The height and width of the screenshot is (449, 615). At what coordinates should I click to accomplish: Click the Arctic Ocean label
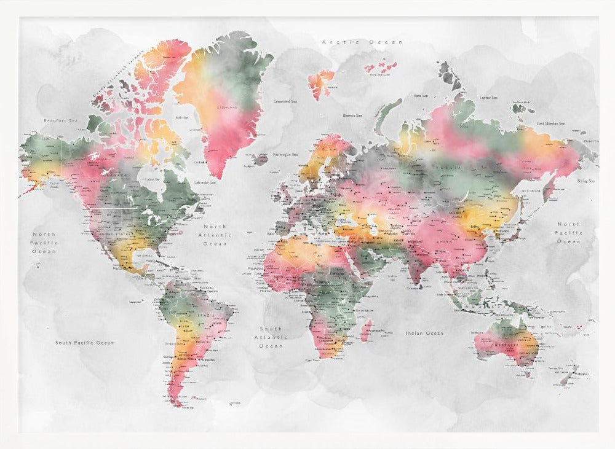[x=362, y=42]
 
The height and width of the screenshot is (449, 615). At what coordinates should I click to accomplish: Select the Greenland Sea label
[x=285, y=101]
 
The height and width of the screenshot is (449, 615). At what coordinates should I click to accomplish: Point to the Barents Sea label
[x=352, y=115]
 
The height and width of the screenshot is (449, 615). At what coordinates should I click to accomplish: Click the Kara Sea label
[x=421, y=96]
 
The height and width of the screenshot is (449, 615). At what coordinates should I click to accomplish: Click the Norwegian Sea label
[x=285, y=154]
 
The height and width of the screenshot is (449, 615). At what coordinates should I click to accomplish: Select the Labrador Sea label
[x=205, y=182]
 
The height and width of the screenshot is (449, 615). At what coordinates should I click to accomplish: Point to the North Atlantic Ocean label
[x=215, y=235]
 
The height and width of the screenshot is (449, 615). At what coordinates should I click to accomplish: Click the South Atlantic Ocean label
[x=271, y=337]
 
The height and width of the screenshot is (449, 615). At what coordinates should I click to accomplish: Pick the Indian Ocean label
[x=424, y=333]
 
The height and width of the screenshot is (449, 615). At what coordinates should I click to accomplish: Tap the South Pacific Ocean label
[x=84, y=342]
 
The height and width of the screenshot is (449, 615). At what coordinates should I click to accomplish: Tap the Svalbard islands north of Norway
[x=320, y=83]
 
